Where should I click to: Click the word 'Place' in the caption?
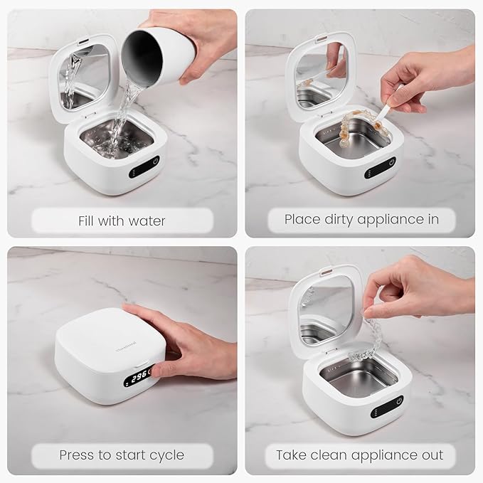click(302, 220)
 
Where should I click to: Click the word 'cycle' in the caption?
click(165, 455)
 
